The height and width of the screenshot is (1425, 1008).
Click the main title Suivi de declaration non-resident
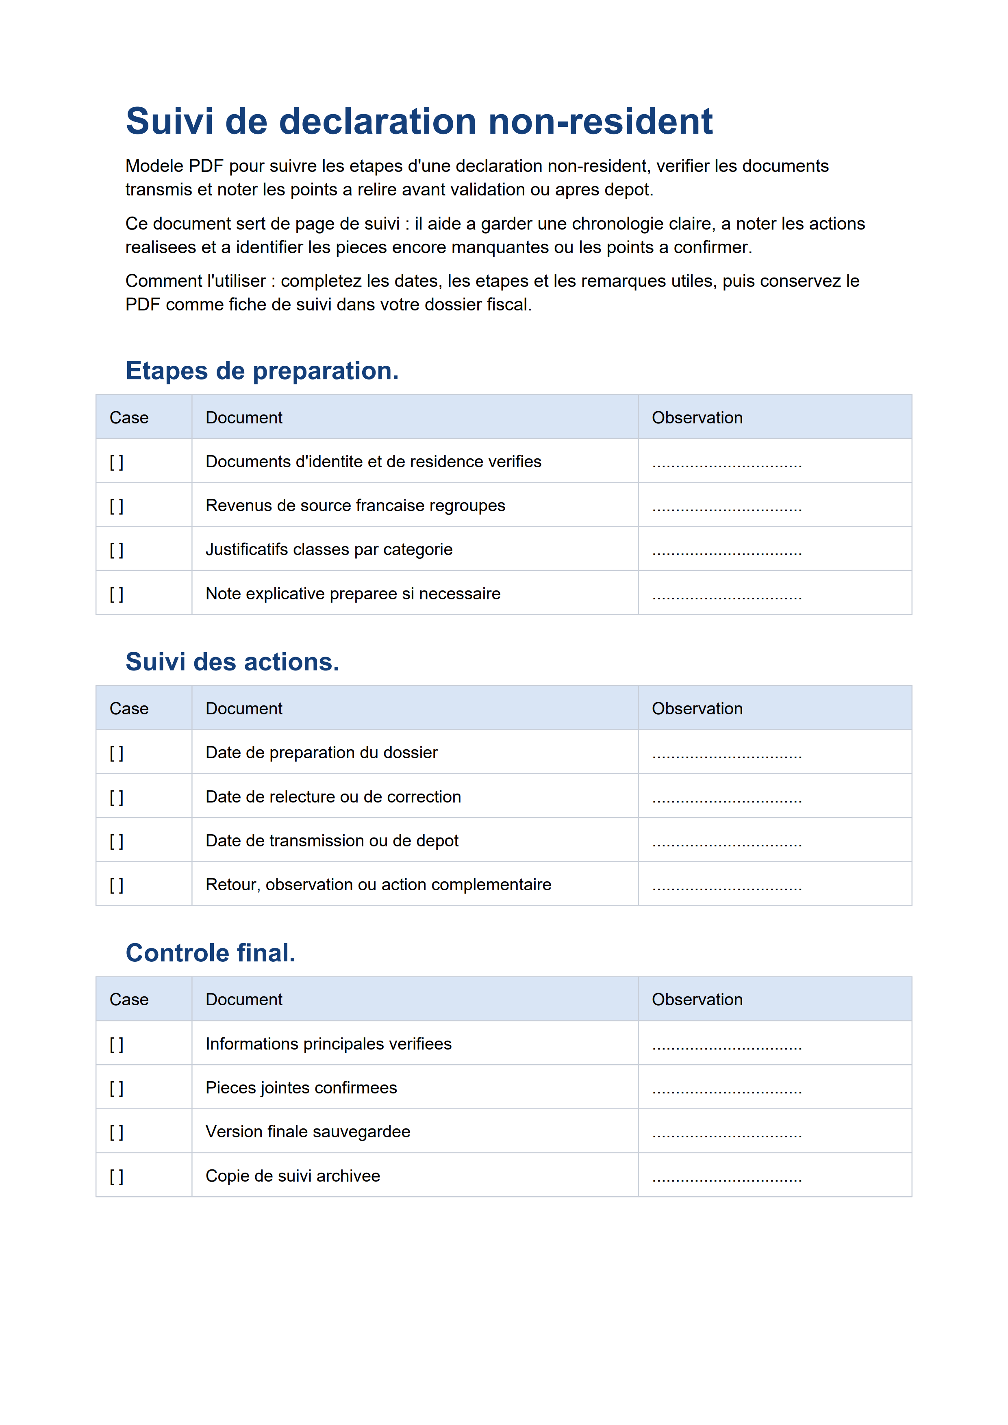419,121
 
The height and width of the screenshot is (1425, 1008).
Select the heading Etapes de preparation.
262,371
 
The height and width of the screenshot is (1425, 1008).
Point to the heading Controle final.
211,953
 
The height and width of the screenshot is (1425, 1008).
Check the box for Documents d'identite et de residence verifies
117,462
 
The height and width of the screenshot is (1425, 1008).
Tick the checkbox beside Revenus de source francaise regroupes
117,506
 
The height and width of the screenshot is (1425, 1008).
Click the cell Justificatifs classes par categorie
329,550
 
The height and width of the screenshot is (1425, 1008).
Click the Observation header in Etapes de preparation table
697,418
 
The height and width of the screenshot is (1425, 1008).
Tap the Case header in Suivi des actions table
129,709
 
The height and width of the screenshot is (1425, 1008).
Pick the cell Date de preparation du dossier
322,753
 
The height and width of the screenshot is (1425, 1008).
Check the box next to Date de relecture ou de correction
117,798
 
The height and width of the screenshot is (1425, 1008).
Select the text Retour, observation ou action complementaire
378,885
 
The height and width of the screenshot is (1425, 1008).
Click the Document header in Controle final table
244,1000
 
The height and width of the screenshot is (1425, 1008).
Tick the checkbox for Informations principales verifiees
117,1045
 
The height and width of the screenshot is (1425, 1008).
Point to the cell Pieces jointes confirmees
301,1088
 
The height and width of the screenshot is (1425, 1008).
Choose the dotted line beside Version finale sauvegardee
727,1134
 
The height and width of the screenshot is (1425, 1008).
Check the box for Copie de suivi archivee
117,1177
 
